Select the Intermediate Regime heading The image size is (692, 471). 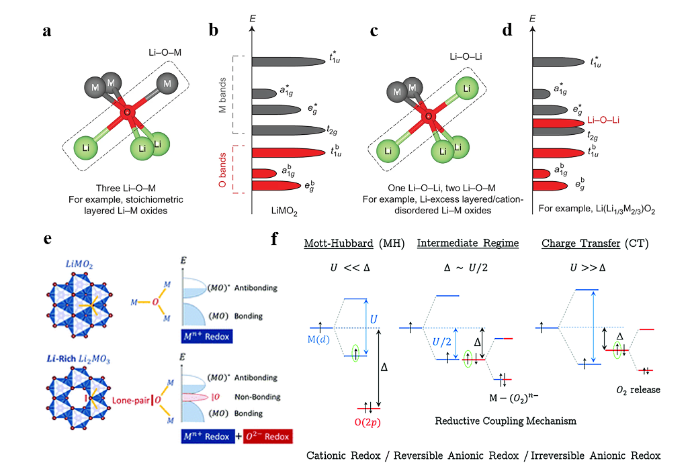[x=468, y=243]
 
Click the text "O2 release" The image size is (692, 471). [x=638, y=390]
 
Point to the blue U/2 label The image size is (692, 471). [x=443, y=342]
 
